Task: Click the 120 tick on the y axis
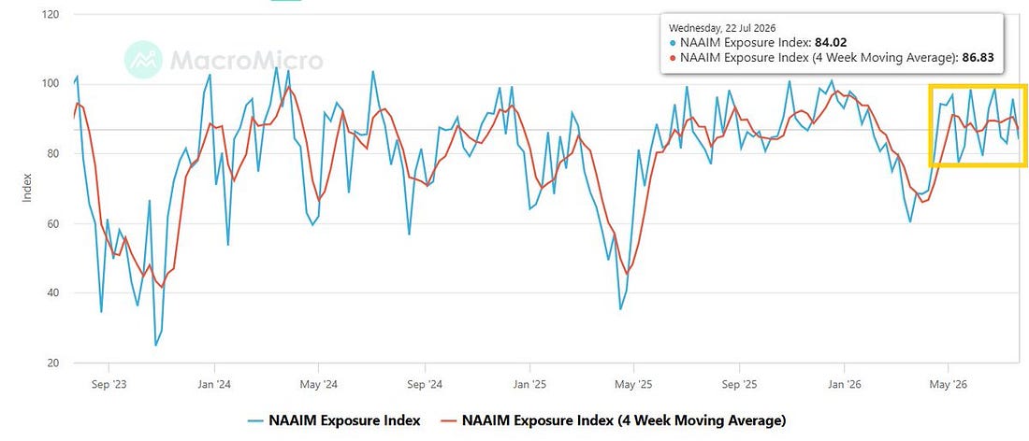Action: [x=50, y=14]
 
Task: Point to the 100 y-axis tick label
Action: [x=50, y=84]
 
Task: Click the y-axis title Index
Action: [x=27, y=188]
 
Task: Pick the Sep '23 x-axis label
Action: [x=109, y=385]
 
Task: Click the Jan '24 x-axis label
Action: [x=214, y=385]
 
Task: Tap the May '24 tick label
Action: [x=319, y=385]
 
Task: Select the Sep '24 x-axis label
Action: [x=424, y=385]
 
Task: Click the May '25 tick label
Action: [x=634, y=385]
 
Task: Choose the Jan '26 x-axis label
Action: [x=844, y=385]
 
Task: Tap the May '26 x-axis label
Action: [x=949, y=385]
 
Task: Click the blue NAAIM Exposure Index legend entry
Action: [x=334, y=420]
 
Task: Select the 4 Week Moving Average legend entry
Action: [x=613, y=420]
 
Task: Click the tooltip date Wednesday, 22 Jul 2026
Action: [x=722, y=28]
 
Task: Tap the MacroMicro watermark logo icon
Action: [x=144, y=60]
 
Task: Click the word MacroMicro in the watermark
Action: [x=247, y=61]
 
